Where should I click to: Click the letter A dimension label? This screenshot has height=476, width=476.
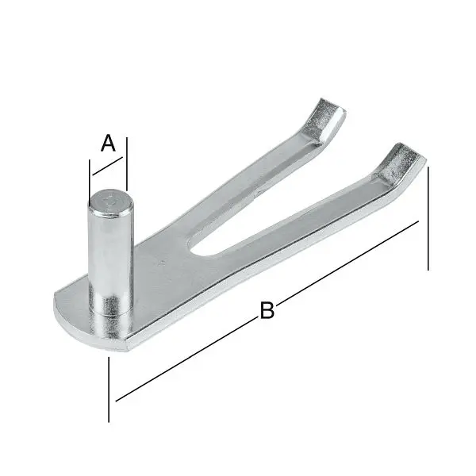(x=109, y=143)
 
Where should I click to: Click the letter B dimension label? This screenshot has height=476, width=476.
(x=267, y=311)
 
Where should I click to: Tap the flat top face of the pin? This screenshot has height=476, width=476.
(x=109, y=202)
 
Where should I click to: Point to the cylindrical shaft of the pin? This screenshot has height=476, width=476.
(x=108, y=254)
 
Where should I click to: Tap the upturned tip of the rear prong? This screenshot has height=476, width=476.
(x=325, y=119)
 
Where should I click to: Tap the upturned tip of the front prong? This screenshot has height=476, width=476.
(x=401, y=163)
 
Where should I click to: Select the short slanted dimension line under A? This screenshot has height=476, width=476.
(x=107, y=167)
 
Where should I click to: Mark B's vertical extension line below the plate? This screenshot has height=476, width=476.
(x=108, y=389)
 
